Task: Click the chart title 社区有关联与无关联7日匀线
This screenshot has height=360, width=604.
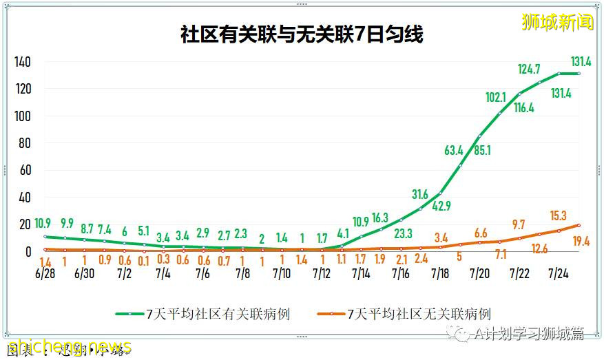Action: [x=302, y=34]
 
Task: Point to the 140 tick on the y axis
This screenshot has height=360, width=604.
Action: [x=23, y=63]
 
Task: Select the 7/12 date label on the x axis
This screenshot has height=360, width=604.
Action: [x=322, y=273]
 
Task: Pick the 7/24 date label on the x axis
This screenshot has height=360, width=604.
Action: [x=559, y=273]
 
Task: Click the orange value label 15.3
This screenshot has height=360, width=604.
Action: [x=558, y=215]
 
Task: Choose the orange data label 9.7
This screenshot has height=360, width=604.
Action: [x=518, y=224]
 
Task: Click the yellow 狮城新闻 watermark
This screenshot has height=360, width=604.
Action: [x=558, y=22]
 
